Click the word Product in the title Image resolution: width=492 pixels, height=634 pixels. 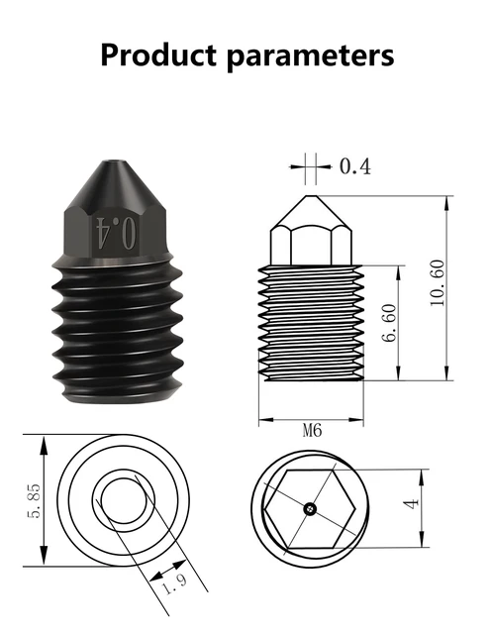[158, 54]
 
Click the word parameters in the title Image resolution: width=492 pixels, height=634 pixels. [310, 57]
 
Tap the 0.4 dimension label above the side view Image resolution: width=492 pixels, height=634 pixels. [355, 166]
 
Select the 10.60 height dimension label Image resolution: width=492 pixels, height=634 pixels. [438, 282]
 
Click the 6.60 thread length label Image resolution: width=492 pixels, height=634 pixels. [390, 323]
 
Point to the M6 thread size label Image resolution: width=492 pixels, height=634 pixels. [313, 431]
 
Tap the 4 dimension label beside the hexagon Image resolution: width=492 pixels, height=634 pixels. [412, 504]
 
